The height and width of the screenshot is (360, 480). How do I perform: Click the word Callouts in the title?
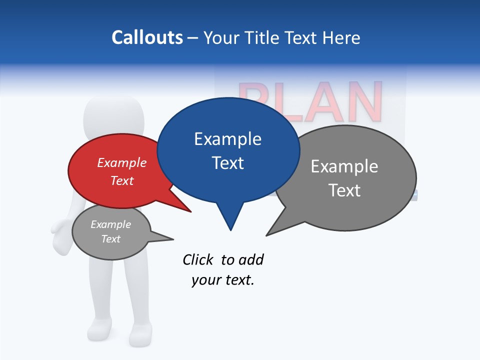(x=147, y=37)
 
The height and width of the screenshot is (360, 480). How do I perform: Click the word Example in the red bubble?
(x=122, y=162)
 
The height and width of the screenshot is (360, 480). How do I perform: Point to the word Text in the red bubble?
(x=122, y=180)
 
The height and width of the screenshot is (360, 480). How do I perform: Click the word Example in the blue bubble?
(x=227, y=139)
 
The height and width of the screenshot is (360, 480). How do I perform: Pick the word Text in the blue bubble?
(x=227, y=163)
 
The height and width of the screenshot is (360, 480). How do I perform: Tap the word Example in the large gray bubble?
(x=344, y=166)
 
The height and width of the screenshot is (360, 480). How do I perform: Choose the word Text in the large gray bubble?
(x=344, y=190)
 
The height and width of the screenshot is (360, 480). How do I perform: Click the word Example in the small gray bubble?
(x=110, y=224)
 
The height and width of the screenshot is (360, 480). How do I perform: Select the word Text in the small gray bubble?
(x=110, y=239)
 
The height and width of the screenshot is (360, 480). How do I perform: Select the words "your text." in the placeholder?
(x=223, y=280)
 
